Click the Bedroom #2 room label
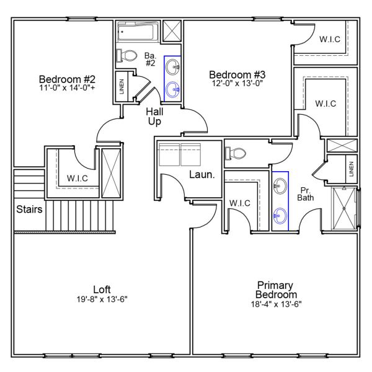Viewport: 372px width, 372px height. click(66, 79)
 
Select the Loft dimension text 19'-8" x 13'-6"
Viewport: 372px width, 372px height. click(102, 299)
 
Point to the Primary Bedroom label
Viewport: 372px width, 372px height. click(277, 290)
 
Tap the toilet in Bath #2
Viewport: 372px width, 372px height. click(126, 56)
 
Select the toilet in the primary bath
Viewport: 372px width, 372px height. click(236, 152)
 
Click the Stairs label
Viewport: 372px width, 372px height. click(30, 210)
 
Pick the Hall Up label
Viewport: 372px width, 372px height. click(154, 117)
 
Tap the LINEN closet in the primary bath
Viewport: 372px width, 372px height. click(350, 169)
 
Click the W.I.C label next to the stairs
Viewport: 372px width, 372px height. click(77, 179)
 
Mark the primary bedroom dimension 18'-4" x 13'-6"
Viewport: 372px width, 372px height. click(277, 304)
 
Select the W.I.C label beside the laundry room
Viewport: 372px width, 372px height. click(239, 203)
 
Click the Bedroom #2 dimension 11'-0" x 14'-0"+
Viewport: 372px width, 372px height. click(66, 88)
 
